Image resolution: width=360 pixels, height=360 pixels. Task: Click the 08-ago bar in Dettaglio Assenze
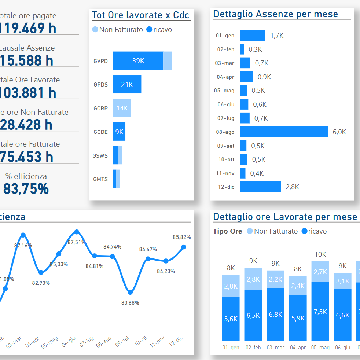click(283, 132)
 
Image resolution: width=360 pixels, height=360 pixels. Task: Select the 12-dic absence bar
click(260, 187)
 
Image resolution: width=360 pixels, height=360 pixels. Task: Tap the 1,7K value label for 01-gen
click(277, 36)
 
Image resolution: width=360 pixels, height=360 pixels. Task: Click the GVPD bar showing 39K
click(138, 61)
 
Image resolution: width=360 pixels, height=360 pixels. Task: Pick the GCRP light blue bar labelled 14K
click(122, 108)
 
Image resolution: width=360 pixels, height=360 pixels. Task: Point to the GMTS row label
click(100, 179)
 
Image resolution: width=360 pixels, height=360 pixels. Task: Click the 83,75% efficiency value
click(26, 189)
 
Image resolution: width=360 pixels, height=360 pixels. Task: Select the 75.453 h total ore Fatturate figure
click(26, 157)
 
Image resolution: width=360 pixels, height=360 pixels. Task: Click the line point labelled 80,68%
click(130, 292)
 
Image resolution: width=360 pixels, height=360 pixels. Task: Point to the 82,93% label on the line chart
click(41, 283)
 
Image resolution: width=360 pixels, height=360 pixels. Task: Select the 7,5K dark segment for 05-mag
click(320, 312)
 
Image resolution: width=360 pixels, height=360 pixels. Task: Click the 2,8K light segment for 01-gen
click(231, 286)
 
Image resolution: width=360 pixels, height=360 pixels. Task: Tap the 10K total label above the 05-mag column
click(320, 254)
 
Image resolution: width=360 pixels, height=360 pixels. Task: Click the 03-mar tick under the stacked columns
click(275, 348)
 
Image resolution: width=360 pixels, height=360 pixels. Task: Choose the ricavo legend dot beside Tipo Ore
click(304, 231)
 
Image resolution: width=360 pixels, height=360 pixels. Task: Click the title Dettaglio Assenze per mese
click(275, 14)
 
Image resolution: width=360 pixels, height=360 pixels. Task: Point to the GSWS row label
click(100, 155)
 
